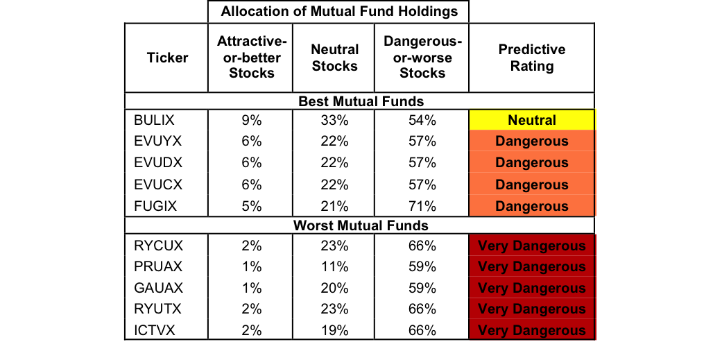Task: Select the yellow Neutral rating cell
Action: tap(531, 120)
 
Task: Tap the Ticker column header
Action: tap(167, 58)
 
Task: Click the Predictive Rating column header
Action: tap(531, 58)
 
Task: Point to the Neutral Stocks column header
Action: tap(334, 58)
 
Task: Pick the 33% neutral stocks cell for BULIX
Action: tap(334, 120)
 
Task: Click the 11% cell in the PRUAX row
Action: tap(334, 266)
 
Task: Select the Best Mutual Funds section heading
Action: tap(361, 102)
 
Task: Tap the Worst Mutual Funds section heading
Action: tap(361, 225)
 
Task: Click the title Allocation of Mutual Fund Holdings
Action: tap(338, 11)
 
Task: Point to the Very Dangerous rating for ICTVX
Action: tap(531, 331)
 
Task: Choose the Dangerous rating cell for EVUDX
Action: tap(531, 163)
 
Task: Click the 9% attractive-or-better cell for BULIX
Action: tap(251, 120)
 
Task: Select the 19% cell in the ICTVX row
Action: tap(334, 331)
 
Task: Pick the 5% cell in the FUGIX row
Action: tap(251, 206)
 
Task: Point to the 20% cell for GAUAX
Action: tap(334, 288)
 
